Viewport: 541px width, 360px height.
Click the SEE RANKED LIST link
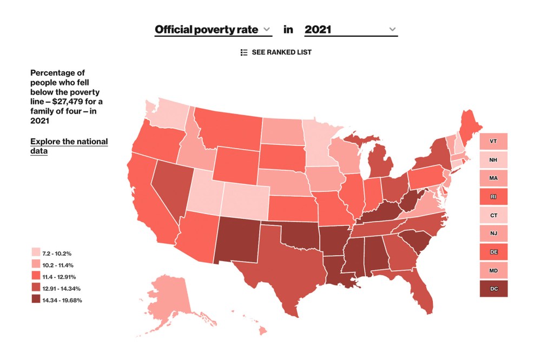pos(276,52)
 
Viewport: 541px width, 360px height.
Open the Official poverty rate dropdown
pos(213,29)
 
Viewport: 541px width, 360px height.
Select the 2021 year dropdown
pos(351,29)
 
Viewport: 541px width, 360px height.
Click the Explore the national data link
pos(69,146)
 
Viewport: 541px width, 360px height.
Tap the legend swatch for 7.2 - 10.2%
pos(36,252)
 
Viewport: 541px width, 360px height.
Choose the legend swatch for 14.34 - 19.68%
pos(36,300)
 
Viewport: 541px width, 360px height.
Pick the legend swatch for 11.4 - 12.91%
pos(36,276)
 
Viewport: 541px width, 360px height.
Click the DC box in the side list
pos(493,289)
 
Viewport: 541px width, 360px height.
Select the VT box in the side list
pos(493,141)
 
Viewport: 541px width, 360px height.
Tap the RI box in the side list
pos(493,197)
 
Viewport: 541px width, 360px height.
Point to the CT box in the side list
pos(493,215)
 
